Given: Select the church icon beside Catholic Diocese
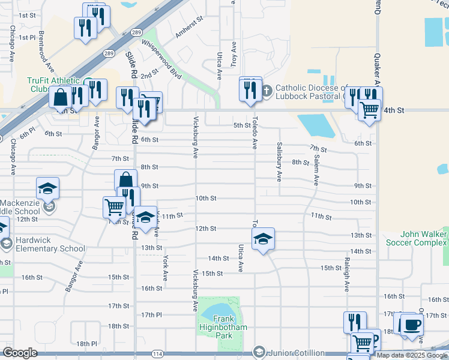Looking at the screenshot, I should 267,91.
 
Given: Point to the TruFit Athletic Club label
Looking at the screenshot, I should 53,85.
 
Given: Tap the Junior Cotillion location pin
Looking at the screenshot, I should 259,352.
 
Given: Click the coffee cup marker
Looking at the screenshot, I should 412,325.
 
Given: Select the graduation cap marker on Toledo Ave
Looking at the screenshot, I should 263,240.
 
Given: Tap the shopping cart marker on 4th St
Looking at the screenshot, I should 369,110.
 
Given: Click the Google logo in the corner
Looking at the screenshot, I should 20,353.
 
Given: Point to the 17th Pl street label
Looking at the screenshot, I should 152,314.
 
